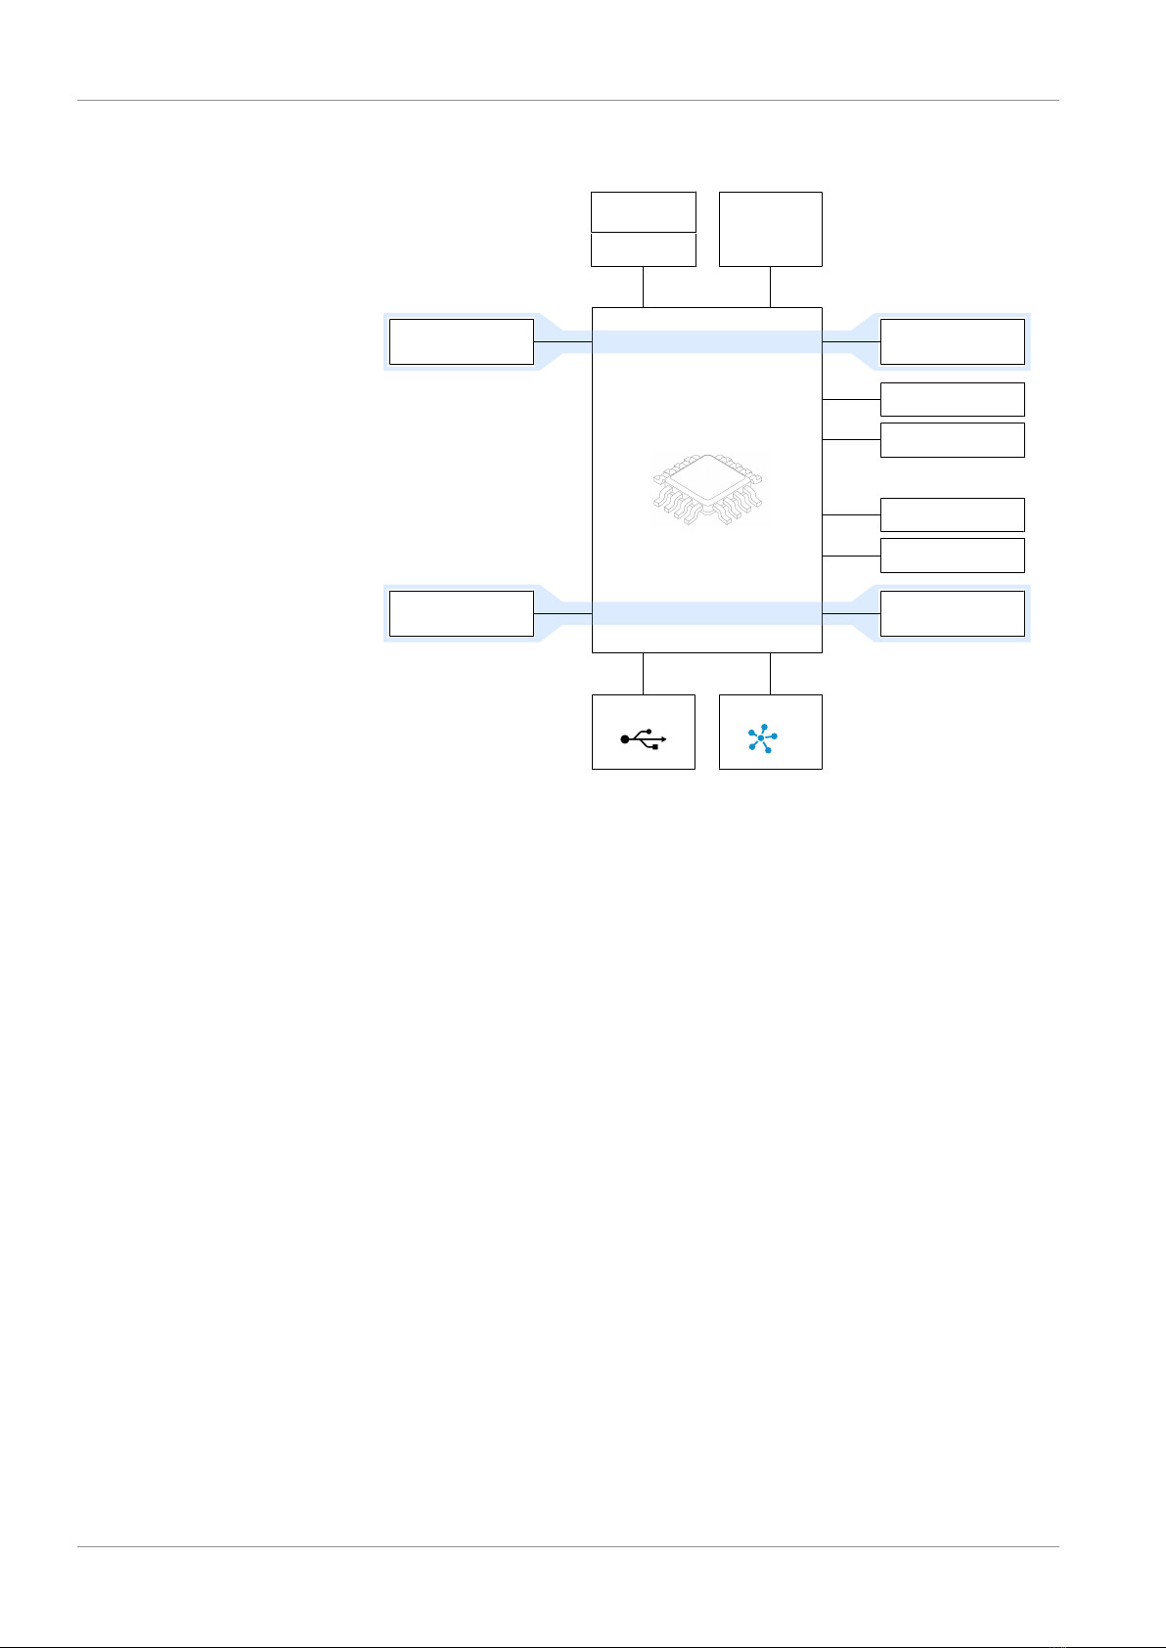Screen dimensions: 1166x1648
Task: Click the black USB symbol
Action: [644, 740]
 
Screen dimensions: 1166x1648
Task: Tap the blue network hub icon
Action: [762, 737]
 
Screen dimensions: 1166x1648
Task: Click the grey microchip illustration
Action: [708, 492]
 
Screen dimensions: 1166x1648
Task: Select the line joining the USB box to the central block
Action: [643, 673]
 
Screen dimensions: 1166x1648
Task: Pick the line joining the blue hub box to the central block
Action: [771, 673]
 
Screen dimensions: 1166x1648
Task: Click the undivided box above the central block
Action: [771, 229]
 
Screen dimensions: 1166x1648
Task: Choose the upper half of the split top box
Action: [644, 211]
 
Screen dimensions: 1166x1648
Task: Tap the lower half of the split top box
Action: [644, 249]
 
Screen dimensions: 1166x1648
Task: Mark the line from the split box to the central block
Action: [643, 287]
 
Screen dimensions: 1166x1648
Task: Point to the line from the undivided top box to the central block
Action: [771, 287]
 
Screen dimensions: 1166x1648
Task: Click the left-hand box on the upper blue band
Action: [462, 341]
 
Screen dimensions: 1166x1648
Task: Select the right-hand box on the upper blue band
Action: [953, 341]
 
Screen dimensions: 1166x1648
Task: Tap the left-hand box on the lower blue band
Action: [462, 613]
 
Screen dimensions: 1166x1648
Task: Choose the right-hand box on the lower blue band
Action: [953, 613]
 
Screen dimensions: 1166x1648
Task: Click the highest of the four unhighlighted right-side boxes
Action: [953, 399]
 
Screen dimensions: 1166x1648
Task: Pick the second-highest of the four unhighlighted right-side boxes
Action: [953, 440]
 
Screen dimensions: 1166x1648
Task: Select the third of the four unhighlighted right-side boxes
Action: [953, 514]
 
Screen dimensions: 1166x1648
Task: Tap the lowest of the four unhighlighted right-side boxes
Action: [953, 556]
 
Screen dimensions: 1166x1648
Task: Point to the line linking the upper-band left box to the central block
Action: [563, 341]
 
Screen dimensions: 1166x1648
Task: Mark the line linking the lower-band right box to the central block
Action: [851, 613]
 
